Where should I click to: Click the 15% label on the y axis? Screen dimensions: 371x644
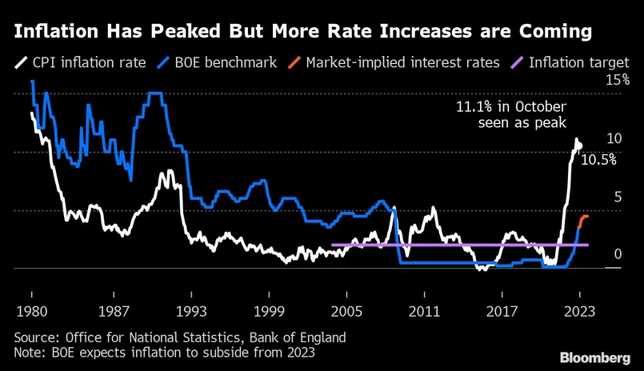(x=618, y=80)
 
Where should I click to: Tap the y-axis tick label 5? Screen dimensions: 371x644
(x=617, y=197)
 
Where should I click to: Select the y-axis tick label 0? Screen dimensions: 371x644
(x=617, y=254)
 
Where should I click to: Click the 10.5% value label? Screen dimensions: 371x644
(x=598, y=160)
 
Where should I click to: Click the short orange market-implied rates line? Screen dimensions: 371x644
(x=583, y=220)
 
